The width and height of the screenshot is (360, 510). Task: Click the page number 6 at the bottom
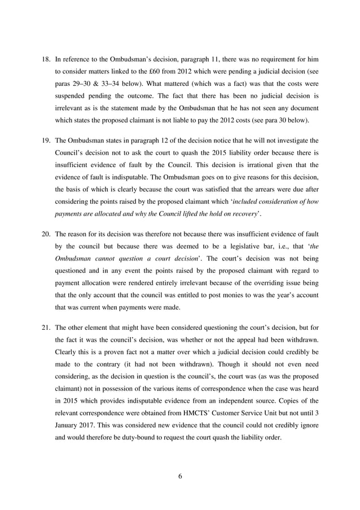click(180, 476)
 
